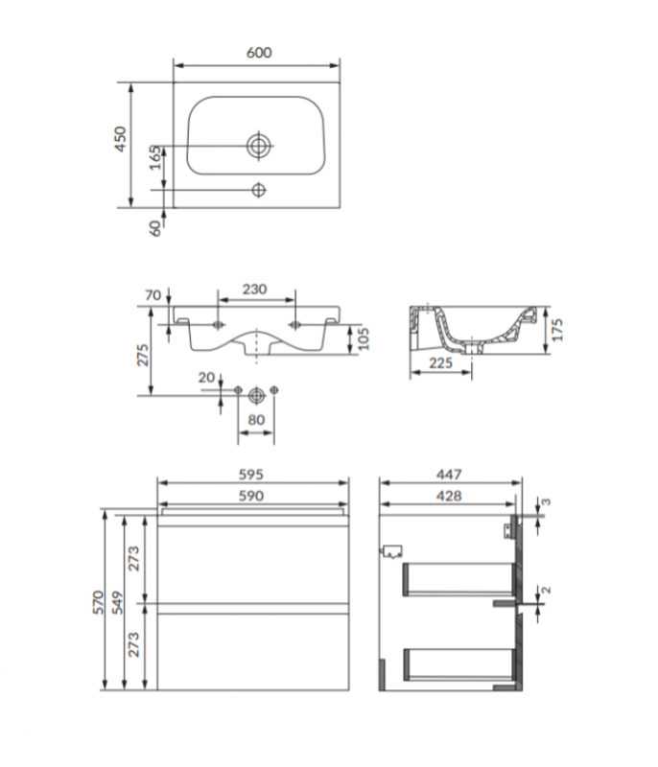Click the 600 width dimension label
point(259,53)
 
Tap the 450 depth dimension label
point(120,139)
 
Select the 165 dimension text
point(155,158)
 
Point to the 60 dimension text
point(155,228)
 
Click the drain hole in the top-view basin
point(259,146)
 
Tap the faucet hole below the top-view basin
point(259,190)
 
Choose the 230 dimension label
point(255,290)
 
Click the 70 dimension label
point(153,295)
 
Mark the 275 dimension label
point(142,355)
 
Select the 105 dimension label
point(363,338)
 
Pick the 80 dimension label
point(256,420)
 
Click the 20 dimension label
point(206,377)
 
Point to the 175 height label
point(556,330)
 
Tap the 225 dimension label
point(441,363)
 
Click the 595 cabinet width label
point(251,474)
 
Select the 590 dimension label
point(251,496)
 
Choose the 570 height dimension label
point(99,602)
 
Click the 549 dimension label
point(118,602)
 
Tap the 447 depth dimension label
point(449,474)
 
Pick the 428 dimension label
point(449,496)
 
